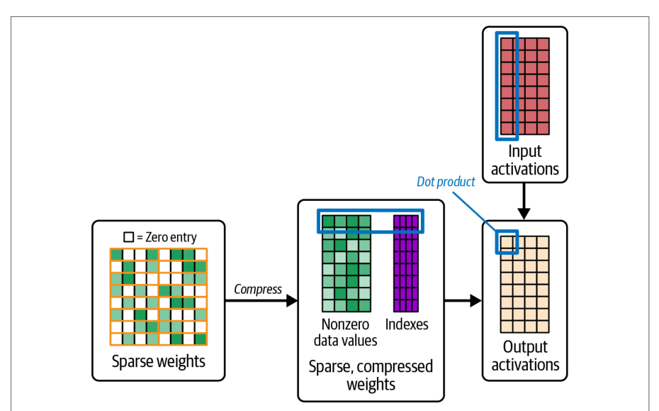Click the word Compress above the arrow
point(258,290)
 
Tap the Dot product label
point(446,182)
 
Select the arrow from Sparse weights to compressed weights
point(261,301)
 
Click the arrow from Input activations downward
point(524,202)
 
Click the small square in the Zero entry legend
point(128,237)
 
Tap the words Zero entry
point(171,238)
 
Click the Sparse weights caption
point(159,361)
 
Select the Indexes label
point(407,324)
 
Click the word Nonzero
point(346,324)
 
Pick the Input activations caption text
point(525,160)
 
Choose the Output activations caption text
point(525,356)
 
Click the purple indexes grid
point(406,263)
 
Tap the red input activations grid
point(525,87)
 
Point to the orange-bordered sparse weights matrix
point(159,297)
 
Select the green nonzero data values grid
point(347,263)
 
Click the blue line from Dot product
point(475,212)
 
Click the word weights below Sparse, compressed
point(371,385)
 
